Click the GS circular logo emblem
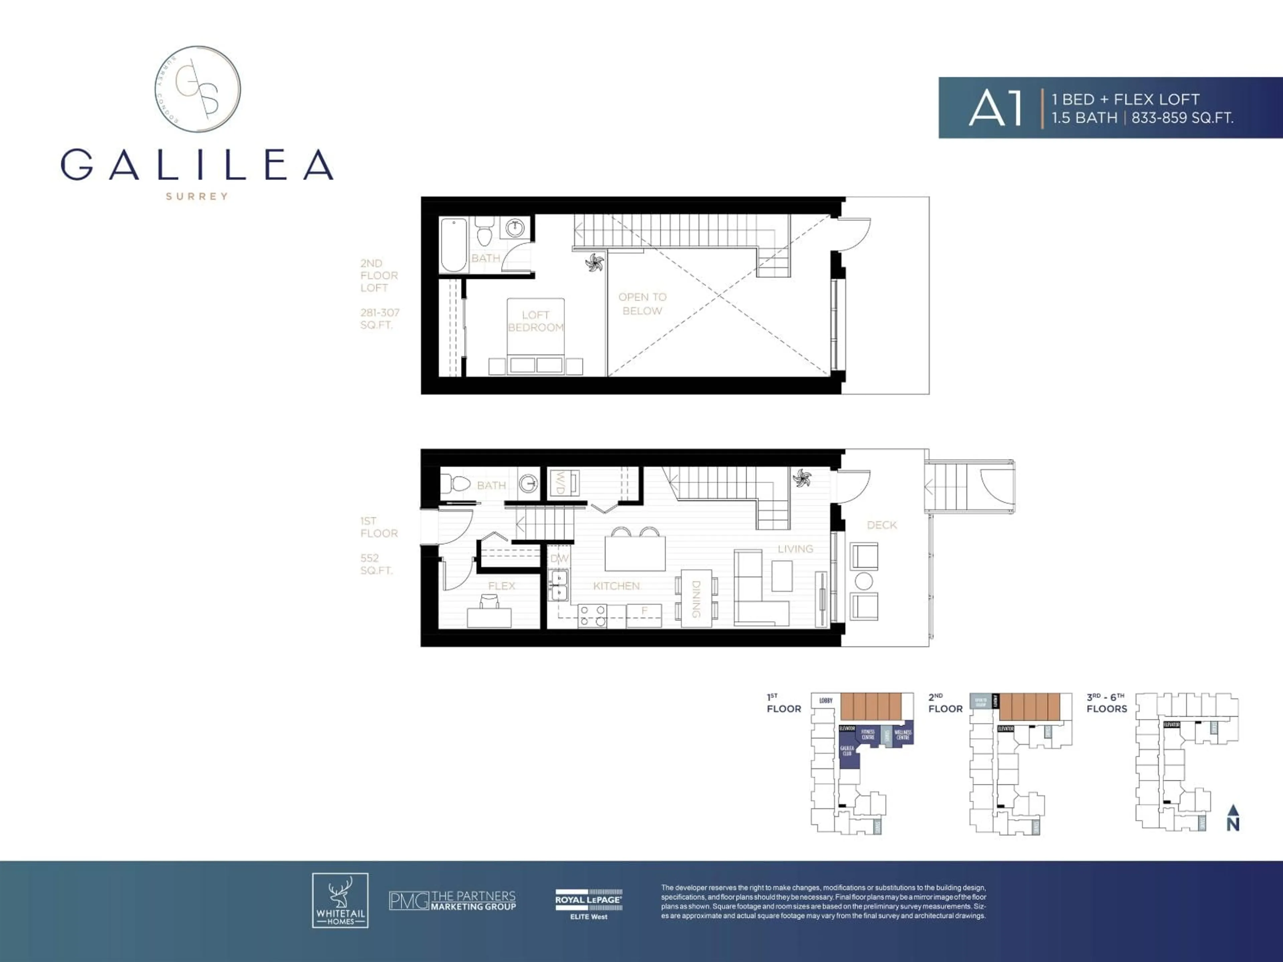point(198,89)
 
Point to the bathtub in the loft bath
point(454,245)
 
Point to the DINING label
point(696,599)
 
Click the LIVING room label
point(795,548)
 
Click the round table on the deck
point(864,581)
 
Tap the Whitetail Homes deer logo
point(340,901)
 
